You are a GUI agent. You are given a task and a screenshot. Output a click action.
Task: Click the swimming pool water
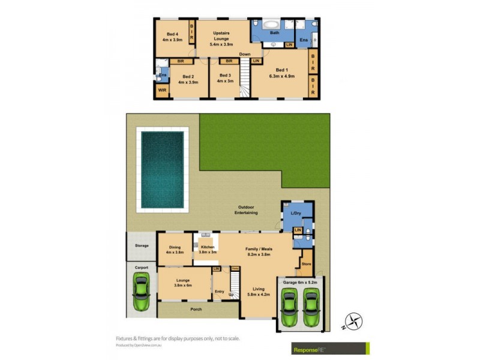tap(162, 169)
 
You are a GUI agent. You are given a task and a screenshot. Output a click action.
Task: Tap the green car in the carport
tap(142, 292)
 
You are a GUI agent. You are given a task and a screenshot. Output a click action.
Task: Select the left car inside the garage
tap(289, 305)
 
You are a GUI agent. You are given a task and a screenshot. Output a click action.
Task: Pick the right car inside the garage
tap(311, 305)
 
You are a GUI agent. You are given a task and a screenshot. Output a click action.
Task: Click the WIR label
tap(162, 91)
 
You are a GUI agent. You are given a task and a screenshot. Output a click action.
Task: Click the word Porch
tap(196, 310)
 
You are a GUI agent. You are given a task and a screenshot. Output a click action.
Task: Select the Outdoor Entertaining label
tap(246, 211)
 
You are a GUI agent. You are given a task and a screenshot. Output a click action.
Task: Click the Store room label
tap(307, 263)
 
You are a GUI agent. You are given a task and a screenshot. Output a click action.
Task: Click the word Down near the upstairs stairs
tap(244, 55)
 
